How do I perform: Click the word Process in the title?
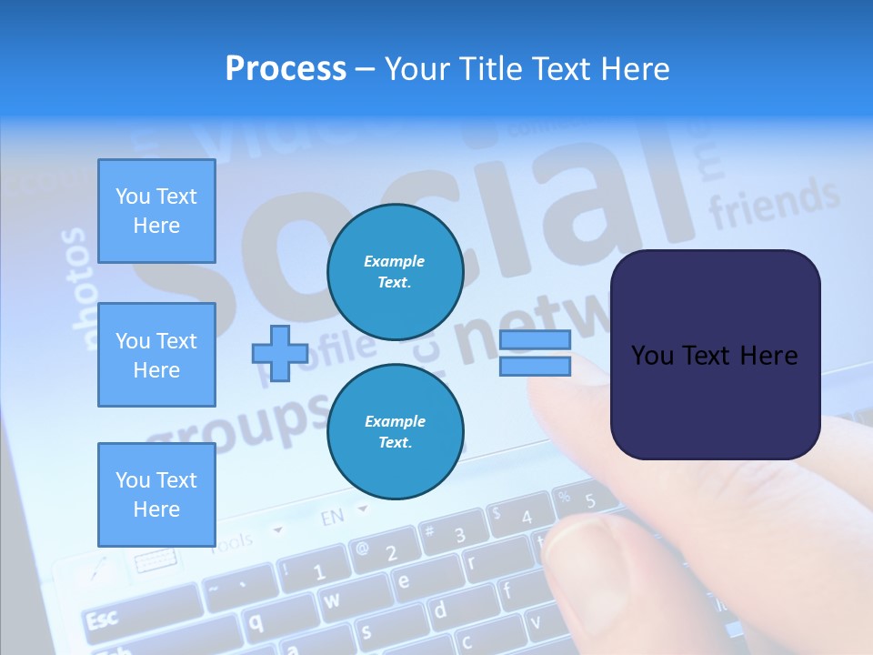286,69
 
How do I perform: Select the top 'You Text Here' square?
156,211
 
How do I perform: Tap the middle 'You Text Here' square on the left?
156,355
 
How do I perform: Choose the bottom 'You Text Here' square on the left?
156,494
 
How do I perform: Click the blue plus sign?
280,353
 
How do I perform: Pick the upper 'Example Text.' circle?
396,271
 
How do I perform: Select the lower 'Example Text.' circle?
396,431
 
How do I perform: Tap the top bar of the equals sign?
535,340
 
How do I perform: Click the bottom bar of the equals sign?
535,366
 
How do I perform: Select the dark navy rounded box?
715,355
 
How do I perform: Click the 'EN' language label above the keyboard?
333,518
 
